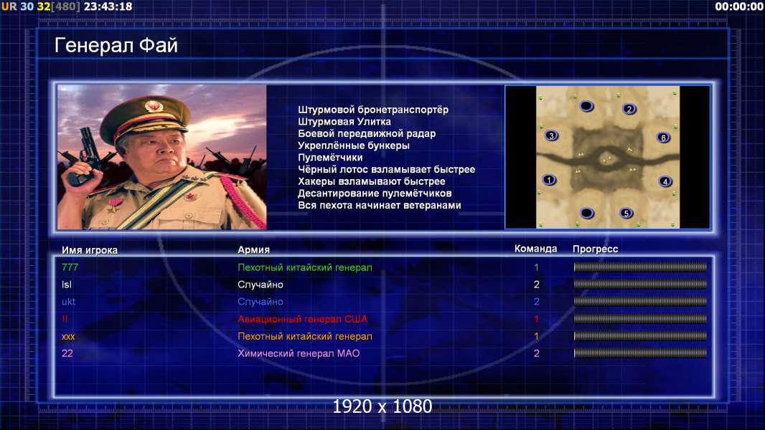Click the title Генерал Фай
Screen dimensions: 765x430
(116, 46)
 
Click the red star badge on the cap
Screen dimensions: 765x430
(153, 106)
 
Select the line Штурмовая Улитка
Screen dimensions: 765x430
(344, 122)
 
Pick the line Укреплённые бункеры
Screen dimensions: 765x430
(354, 145)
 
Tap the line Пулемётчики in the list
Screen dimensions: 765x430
(330, 157)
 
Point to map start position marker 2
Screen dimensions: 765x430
(629, 109)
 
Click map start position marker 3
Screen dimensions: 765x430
(551, 136)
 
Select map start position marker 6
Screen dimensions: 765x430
(664, 138)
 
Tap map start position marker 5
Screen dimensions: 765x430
(626, 214)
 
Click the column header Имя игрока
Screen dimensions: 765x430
(89, 250)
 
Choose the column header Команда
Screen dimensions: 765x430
(535, 249)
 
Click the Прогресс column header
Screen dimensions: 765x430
(595, 249)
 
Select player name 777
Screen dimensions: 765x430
(70, 267)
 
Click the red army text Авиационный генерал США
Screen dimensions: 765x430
(303, 319)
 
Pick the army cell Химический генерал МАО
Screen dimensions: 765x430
(299, 353)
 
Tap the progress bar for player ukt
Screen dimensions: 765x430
(640, 302)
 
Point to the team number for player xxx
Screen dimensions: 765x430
(536, 336)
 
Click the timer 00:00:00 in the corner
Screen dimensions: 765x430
(738, 6)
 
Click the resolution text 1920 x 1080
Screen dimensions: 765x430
(382, 406)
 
